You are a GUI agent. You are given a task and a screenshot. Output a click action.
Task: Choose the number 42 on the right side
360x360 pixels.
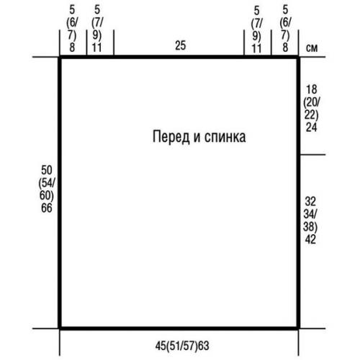(312, 240)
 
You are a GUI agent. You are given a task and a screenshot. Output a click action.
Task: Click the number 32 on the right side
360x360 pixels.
(312, 199)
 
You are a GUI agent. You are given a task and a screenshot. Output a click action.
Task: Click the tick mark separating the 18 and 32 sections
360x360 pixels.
(307, 154)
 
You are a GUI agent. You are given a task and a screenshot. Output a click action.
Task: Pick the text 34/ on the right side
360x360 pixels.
(312, 213)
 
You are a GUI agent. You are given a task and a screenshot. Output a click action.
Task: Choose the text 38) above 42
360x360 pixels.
(312, 226)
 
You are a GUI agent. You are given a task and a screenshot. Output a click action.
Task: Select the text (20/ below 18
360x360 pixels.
(312, 102)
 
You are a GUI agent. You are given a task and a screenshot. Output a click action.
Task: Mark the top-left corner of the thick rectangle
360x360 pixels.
(60, 58)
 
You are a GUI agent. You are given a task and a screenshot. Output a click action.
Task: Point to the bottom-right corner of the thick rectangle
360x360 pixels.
(298, 328)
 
